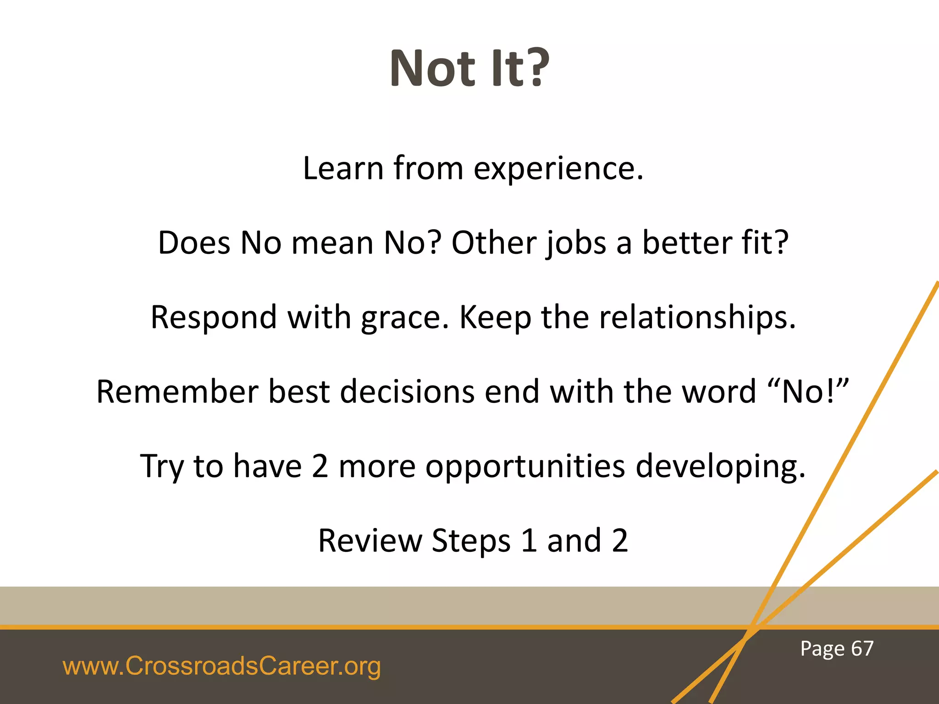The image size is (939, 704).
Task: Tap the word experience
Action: pos(558,169)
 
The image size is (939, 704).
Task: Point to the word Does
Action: pos(194,243)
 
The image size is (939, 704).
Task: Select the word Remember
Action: pos(177,392)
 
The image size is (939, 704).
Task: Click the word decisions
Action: pos(407,392)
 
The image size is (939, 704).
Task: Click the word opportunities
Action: pos(525,467)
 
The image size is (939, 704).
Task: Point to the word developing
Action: pos(720,467)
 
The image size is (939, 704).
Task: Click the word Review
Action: pos(370,541)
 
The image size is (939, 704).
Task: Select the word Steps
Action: pos(471,541)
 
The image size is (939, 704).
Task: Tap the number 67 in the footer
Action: pos(862,649)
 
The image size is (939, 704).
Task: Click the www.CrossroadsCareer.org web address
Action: pos(221,666)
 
